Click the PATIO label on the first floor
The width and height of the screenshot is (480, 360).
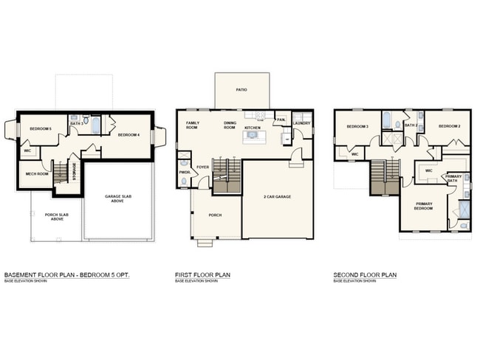(241, 90)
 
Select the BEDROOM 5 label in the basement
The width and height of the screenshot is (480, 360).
(41, 129)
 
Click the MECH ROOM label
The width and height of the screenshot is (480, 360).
(36, 174)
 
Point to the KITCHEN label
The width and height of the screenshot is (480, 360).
(253, 128)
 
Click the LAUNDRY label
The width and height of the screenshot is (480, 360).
(301, 123)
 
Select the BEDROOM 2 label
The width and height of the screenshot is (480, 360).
(449, 126)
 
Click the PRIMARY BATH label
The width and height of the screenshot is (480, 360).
(453, 179)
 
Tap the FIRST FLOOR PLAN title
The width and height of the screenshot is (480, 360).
(202, 275)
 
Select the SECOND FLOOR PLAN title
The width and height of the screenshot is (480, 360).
(365, 275)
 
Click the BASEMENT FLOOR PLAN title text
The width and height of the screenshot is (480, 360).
(66, 275)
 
